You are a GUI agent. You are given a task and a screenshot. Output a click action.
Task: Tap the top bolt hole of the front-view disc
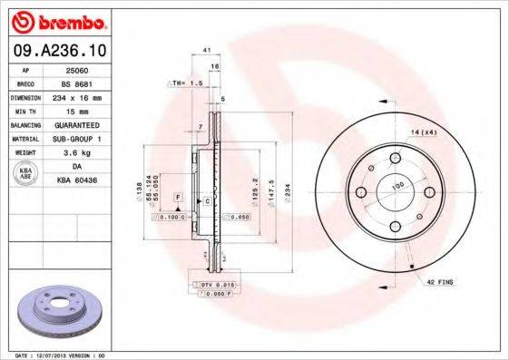(x=395, y=160)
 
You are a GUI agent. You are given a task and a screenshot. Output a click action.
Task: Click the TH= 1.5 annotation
(x=181, y=83)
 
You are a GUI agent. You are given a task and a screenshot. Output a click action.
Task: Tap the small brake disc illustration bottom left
(x=58, y=310)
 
